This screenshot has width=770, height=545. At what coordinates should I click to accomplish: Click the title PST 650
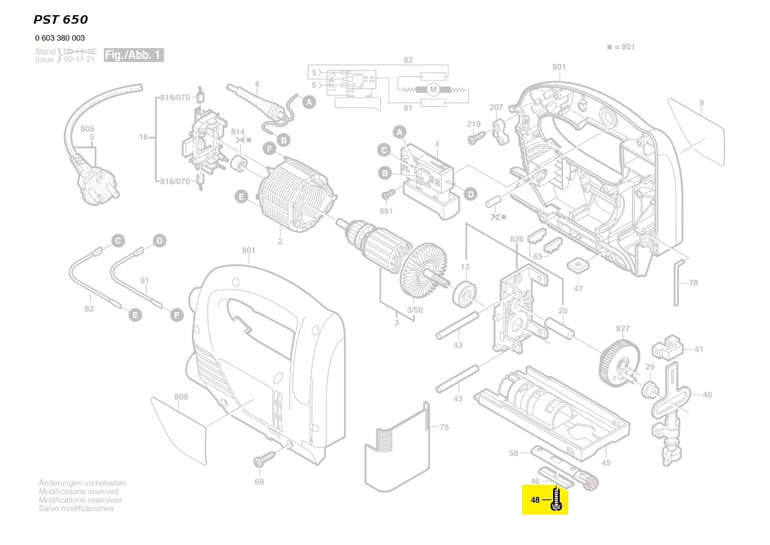coord(60,20)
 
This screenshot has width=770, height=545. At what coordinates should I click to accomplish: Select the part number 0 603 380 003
coord(60,38)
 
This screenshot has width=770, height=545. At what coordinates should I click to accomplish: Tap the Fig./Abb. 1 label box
coord(133,55)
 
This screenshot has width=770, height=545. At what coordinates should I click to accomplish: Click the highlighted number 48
coord(535,500)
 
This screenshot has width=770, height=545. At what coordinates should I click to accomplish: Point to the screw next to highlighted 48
coord(557,499)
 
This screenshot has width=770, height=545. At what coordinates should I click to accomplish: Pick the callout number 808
coord(181,397)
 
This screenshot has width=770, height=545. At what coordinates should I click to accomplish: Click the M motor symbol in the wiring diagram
coord(432,89)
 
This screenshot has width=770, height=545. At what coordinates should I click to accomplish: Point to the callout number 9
coord(701,103)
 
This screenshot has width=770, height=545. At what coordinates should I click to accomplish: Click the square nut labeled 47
coord(578,265)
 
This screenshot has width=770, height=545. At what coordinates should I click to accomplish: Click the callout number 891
coord(386,211)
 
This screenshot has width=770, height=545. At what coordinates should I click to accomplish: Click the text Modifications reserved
coord(79,492)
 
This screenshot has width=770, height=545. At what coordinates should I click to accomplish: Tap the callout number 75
coord(444,428)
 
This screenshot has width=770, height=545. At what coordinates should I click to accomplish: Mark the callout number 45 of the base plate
coord(606,463)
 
